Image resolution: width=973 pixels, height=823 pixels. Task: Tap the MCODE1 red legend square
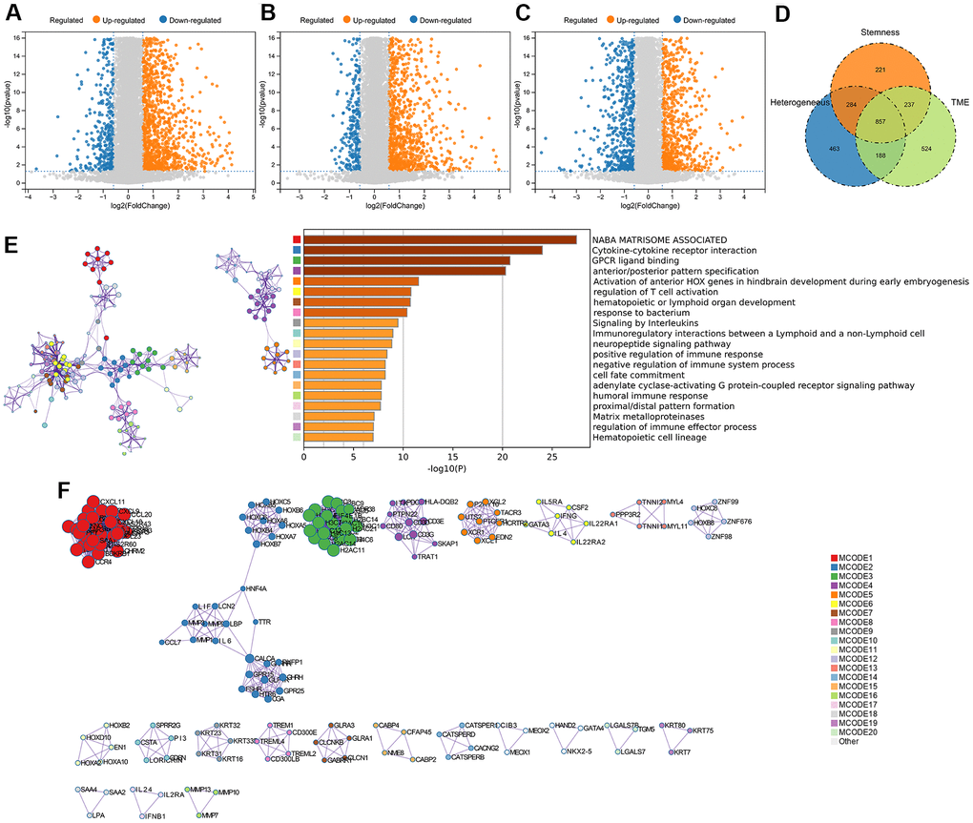[x=835, y=556]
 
